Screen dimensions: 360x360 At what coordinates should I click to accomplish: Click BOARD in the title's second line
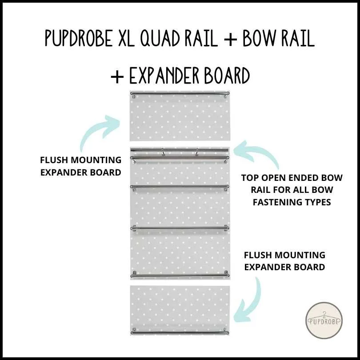[228, 76]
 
